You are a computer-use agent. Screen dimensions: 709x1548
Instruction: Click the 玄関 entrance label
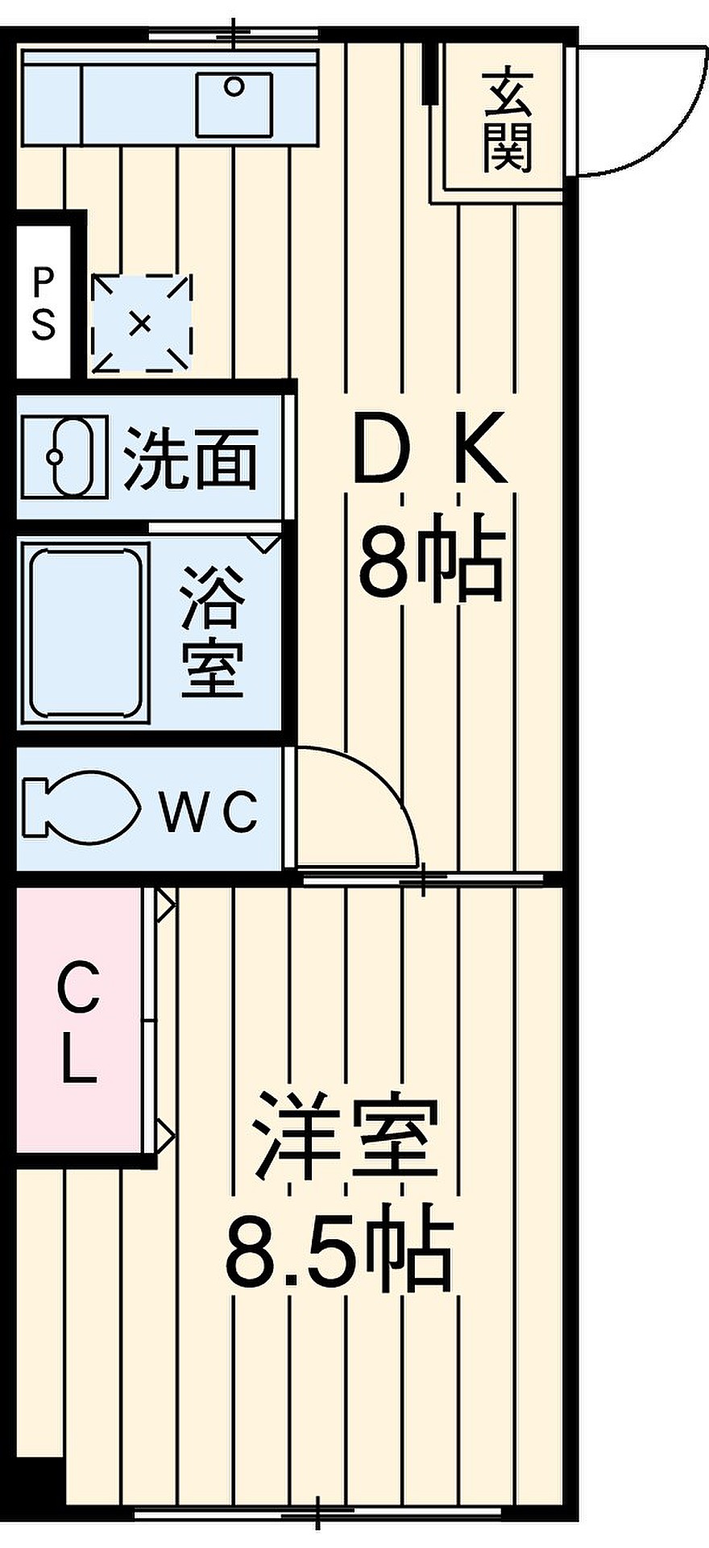click(508, 121)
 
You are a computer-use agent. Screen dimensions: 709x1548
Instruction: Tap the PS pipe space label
click(44, 303)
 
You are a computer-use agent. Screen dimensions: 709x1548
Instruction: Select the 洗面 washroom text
click(191, 458)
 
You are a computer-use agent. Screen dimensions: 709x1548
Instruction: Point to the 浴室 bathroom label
click(212, 631)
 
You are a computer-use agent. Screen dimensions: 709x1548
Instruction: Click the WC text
click(209, 811)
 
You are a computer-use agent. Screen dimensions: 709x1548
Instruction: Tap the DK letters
click(430, 448)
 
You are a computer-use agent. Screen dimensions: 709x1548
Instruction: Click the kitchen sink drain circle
click(234, 85)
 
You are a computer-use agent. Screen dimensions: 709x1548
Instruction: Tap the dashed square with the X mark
click(142, 323)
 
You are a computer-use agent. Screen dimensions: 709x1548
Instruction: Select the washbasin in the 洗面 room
click(64, 457)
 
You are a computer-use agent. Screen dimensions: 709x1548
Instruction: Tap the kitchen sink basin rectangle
click(234, 104)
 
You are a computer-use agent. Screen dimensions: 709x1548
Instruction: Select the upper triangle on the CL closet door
click(165, 905)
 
